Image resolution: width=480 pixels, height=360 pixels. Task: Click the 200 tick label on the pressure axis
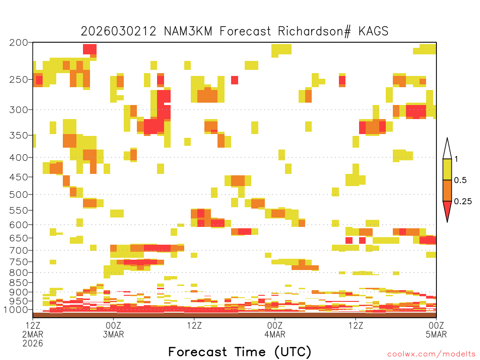18,42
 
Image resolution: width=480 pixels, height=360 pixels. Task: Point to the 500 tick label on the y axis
18,195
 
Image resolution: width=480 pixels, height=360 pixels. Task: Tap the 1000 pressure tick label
15,310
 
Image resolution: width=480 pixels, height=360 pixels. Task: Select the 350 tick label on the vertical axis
18,135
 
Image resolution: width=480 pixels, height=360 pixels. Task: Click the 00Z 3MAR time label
113,330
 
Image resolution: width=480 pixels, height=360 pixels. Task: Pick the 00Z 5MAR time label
436,330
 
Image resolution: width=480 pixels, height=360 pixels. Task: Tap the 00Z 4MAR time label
275,330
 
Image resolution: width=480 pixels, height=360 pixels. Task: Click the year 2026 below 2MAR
33,344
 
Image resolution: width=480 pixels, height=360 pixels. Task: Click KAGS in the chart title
374,31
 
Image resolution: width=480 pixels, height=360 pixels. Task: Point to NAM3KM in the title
188,31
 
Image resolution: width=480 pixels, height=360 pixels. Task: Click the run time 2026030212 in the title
119,31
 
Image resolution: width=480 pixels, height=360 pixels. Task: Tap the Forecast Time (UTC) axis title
240,352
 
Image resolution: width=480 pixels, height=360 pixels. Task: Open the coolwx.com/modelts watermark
431,354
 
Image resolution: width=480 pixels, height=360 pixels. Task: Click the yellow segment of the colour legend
447,169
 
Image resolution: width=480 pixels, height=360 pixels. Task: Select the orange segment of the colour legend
447,190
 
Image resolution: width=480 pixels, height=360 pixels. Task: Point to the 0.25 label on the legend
463,202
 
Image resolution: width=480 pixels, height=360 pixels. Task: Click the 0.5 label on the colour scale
460,180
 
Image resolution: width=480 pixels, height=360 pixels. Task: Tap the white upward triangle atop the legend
447,149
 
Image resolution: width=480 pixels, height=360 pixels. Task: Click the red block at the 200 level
90,49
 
